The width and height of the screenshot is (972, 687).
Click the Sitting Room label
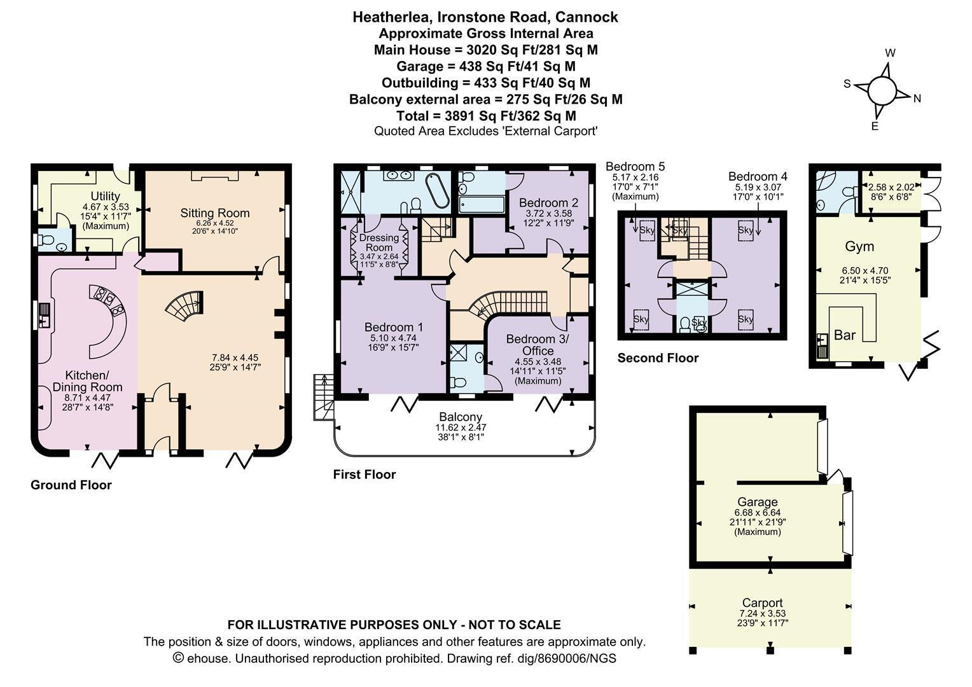click(215, 213)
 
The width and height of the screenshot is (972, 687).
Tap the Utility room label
click(105, 196)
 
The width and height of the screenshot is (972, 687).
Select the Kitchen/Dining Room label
click(87, 381)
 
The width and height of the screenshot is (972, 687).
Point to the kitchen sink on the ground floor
click(45, 316)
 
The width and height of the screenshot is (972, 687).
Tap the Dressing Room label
click(379, 242)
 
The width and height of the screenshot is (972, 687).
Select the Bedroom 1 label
click(394, 327)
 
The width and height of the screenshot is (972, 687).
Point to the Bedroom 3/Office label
click(537, 345)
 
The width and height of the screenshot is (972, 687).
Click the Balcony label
click(461, 417)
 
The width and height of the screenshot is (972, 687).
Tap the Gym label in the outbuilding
click(859, 247)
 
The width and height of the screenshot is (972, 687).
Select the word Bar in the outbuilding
click(845, 335)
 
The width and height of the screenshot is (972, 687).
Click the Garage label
click(758, 502)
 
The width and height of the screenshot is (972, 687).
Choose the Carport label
click(763, 602)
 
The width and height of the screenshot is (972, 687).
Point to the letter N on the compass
click(917, 99)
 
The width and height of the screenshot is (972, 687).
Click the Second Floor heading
click(658, 357)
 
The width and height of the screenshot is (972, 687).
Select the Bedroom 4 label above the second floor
click(758, 176)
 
